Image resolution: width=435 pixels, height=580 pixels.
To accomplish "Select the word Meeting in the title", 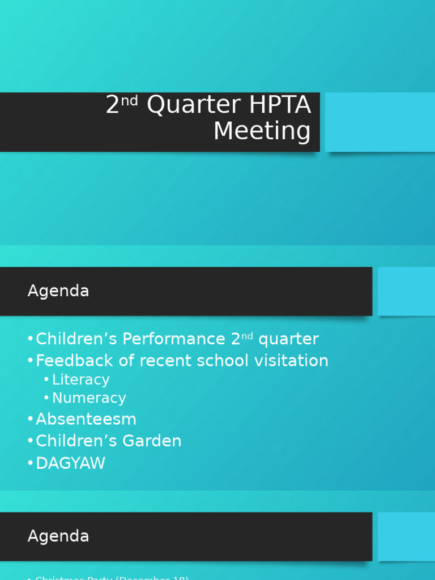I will point(262,131).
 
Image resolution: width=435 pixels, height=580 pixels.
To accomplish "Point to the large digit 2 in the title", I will point(113,105).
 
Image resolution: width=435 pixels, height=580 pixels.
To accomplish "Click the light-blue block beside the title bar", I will point(379,122).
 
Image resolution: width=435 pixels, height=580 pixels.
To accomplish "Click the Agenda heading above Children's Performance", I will point(58,291).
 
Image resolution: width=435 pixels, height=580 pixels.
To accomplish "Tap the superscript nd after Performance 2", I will point(247,336).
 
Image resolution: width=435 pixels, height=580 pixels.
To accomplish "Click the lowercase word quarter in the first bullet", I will point(288,340).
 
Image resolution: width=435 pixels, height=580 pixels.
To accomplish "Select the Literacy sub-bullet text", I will point(80,379).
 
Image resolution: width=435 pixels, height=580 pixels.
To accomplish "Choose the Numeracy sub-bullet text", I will point(89,398).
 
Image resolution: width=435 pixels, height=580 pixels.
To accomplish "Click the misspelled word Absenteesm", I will point(86,420).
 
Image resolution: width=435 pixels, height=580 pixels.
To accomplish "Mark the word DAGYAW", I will point(70,463).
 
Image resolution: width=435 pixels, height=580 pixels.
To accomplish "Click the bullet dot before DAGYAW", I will point(30,464).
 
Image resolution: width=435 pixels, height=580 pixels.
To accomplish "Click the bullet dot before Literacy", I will point(46,380).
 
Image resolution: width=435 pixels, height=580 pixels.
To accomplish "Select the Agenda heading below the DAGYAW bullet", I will point(58,536).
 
